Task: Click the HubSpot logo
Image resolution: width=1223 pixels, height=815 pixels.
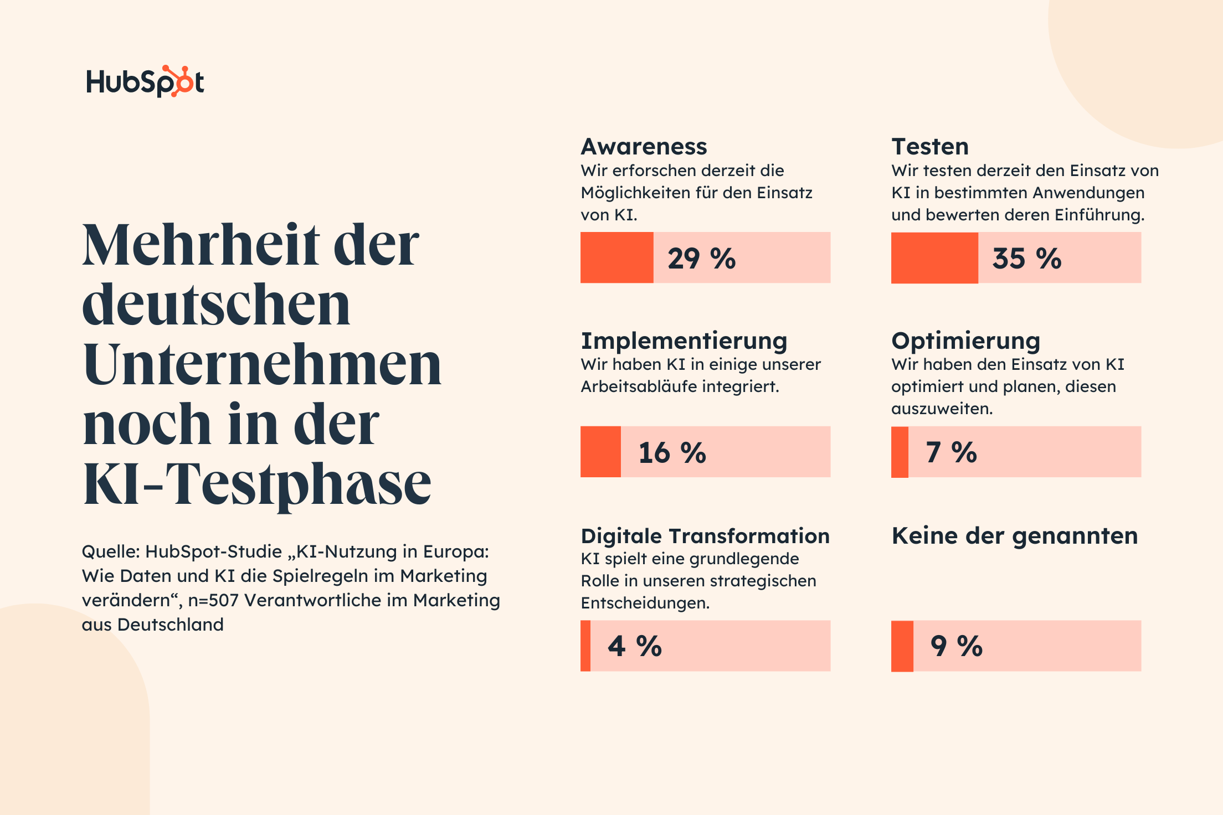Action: pos(145,81)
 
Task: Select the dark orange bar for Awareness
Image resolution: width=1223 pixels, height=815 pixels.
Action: pos(616,258)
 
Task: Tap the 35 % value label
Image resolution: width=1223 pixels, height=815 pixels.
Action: pos(1026,259)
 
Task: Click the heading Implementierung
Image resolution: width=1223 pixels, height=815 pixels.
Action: pos(684,341)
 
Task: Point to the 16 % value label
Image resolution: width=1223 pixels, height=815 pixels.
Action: pos(672,452)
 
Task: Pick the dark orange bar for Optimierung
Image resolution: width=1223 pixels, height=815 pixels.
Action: pos(900,452)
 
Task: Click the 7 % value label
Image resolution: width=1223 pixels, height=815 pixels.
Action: pos(951,452)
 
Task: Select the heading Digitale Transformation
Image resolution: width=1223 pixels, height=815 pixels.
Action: pos(705,536)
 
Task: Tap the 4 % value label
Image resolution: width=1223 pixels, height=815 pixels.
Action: pos(635,646)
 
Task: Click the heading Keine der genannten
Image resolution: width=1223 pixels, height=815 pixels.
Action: pos(1014,536)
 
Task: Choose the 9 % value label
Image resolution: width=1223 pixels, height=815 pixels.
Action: pos(957,646)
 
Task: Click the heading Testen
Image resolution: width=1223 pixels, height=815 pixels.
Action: pos(930,147)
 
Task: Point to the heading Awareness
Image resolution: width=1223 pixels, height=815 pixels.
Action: pos(644,147)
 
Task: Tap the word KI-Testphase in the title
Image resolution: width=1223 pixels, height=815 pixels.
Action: pos(256,483)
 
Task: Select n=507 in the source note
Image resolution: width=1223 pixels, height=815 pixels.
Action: pos(213,600)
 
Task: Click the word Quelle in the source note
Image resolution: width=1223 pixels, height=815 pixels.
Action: pos(111,552)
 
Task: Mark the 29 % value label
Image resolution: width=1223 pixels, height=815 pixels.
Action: pos(701,259)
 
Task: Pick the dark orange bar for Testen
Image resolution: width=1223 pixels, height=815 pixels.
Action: pos(934,258)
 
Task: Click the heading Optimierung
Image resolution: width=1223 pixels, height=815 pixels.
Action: pos(965,341)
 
